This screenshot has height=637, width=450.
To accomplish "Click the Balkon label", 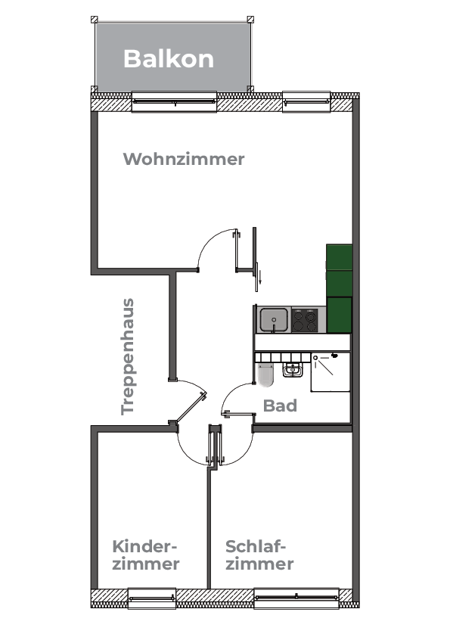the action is coord(169,59).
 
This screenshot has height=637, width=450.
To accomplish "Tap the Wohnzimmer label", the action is coord(184,159).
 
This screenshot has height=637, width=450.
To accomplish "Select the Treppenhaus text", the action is coord(128,356).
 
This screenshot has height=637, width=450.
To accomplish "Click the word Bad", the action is coord(280,406).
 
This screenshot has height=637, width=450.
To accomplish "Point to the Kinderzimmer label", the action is coord(145,555).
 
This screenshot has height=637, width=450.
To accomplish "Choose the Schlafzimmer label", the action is coord(259,555).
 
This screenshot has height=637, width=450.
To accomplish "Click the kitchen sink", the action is coord(274,320).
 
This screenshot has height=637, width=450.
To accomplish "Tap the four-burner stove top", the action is coord(304,321).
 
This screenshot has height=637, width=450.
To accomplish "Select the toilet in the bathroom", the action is coord(265,375).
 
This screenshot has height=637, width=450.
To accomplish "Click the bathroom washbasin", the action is coord(292,370).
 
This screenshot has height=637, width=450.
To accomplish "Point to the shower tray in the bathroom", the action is coord(331,372).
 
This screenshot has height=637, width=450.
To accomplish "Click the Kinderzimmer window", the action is coord(152,598).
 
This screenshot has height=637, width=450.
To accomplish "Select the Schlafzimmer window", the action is coord(296,598).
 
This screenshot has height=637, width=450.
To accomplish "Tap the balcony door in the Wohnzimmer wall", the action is coord(174,101).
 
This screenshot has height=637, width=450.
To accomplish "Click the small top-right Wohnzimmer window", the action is coord(306,101).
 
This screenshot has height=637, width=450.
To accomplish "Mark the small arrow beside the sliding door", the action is coord(260,278).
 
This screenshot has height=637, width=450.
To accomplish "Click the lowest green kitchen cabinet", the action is coord(340,315).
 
